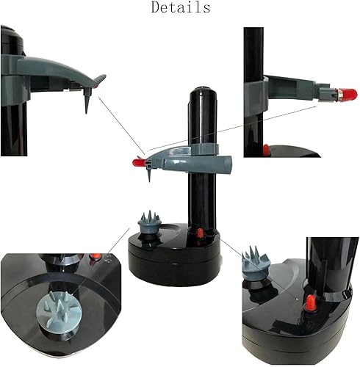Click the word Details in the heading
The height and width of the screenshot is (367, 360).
click(180, 8)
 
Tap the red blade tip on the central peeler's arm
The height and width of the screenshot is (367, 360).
click(137, 161)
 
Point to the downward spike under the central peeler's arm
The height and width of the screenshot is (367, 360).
click(148, 176)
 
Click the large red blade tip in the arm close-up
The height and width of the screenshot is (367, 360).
click(346, 94)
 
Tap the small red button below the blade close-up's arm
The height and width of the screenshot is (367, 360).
click(266, 150)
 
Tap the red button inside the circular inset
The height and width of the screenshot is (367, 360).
click(95, 258)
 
